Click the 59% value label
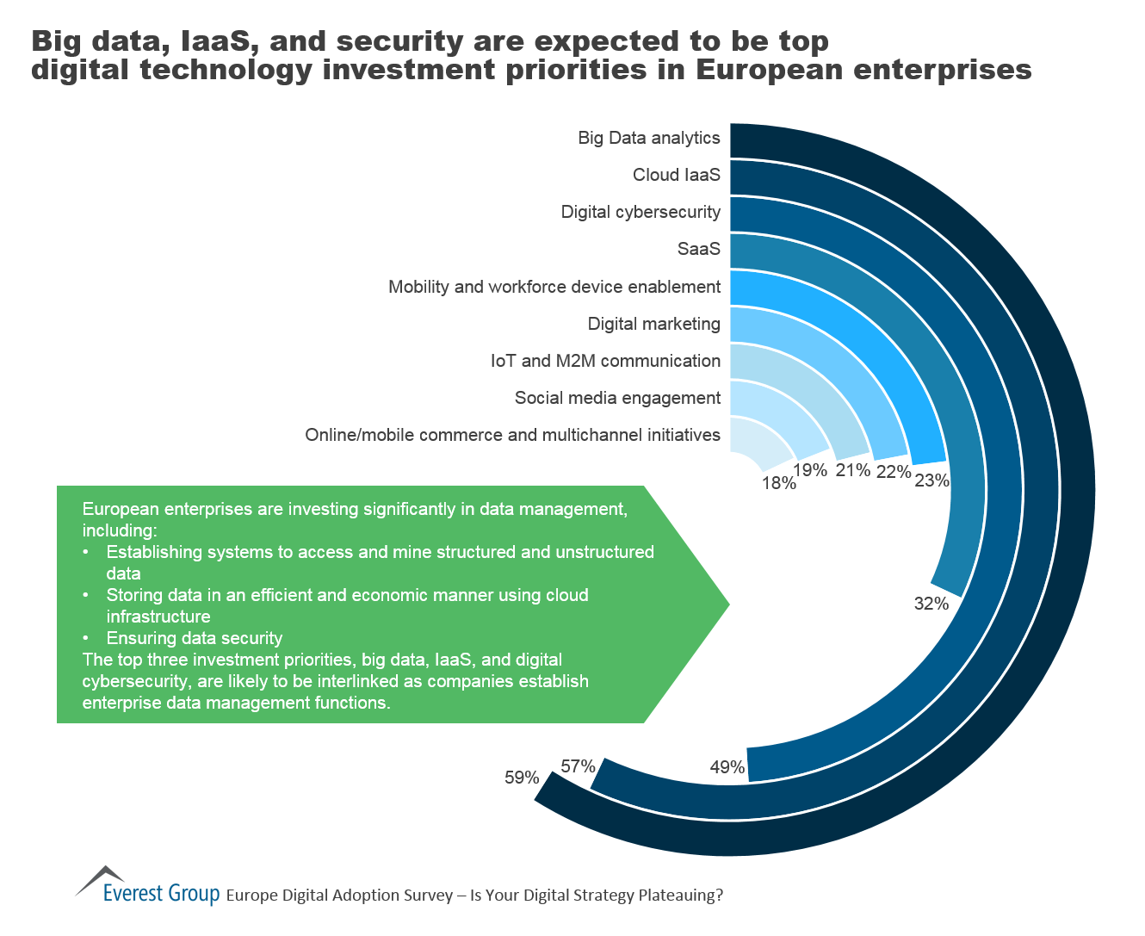pos(522,778)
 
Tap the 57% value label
pos(578,766)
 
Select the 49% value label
pos(727,766)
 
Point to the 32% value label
pos(931,604)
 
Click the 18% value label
pos(778,483)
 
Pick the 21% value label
pos(853,469)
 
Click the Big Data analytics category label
pos(648,138)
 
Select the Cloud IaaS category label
pos(676,175)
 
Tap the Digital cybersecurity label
pos(641,212)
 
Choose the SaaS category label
pos(698,249)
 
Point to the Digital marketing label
pos(653,324)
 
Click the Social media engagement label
pos(617,398)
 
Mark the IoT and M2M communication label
pos(605,361)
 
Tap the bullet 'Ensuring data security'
pos(194,638)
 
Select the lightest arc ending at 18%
pos(758,435)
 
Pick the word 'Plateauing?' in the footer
pos(681,896)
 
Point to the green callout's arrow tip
pos(727,604)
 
